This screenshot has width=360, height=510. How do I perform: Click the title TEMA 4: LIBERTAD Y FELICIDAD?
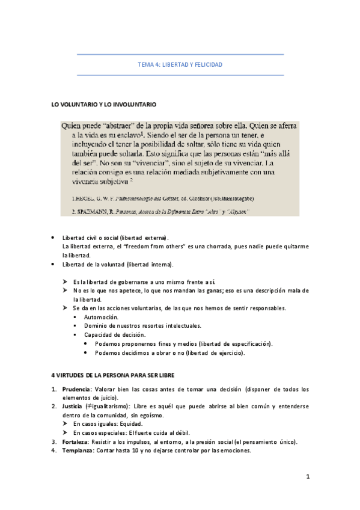pos(180,64)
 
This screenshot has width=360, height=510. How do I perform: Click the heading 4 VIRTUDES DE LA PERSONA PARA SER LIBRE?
pos(112,375)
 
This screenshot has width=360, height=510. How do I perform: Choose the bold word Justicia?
pos(72,407)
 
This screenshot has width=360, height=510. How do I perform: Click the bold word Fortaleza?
pos(76,441)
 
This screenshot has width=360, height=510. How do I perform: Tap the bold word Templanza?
pos(78,450)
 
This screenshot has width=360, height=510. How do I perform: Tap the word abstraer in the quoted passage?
pos(120,126)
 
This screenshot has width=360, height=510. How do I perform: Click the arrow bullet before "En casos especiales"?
pos(66,432)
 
